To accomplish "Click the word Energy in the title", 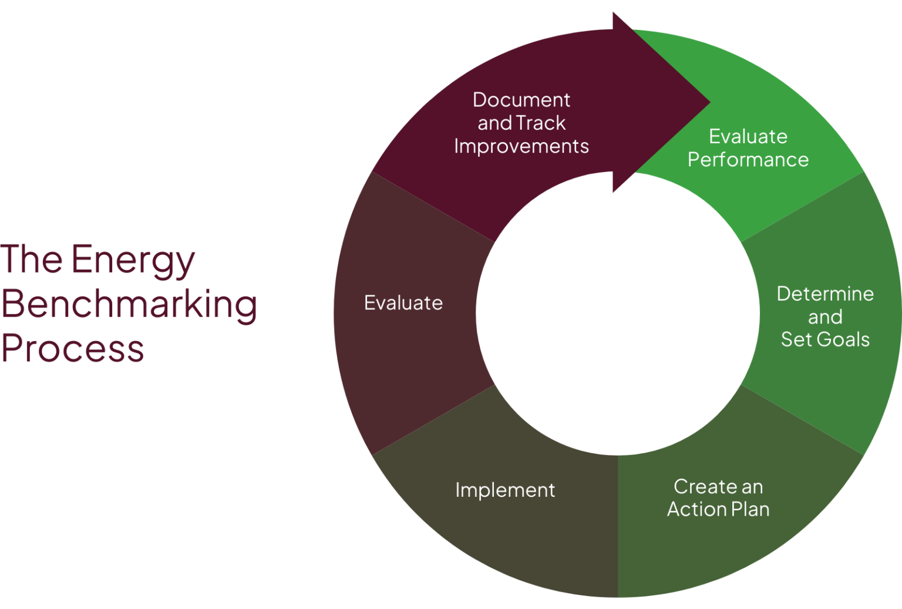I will pyautogui.click(x=133, y=260).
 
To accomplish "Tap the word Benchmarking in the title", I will pyautogui.click(x=129, y=304).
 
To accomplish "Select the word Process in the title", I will pyautogui.click(x=72, y=348).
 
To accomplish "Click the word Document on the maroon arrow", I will pyautogui.click(x=521, y=100).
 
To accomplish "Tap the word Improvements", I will pyautogui.click(x=521, y=146).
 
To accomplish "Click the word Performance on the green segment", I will pyautogui.click(x=748, y=160).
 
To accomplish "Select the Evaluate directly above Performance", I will pyautogui.click(x=748, y=136).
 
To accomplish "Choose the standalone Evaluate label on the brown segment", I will pyautogui.click(x=403, y=303).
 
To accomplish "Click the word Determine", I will pyautogui.click(x=825, y=294).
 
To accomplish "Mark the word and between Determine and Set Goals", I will pyautogui.click(x=825, y=317).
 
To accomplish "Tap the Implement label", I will pyautogui.click(x=505, y=490).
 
